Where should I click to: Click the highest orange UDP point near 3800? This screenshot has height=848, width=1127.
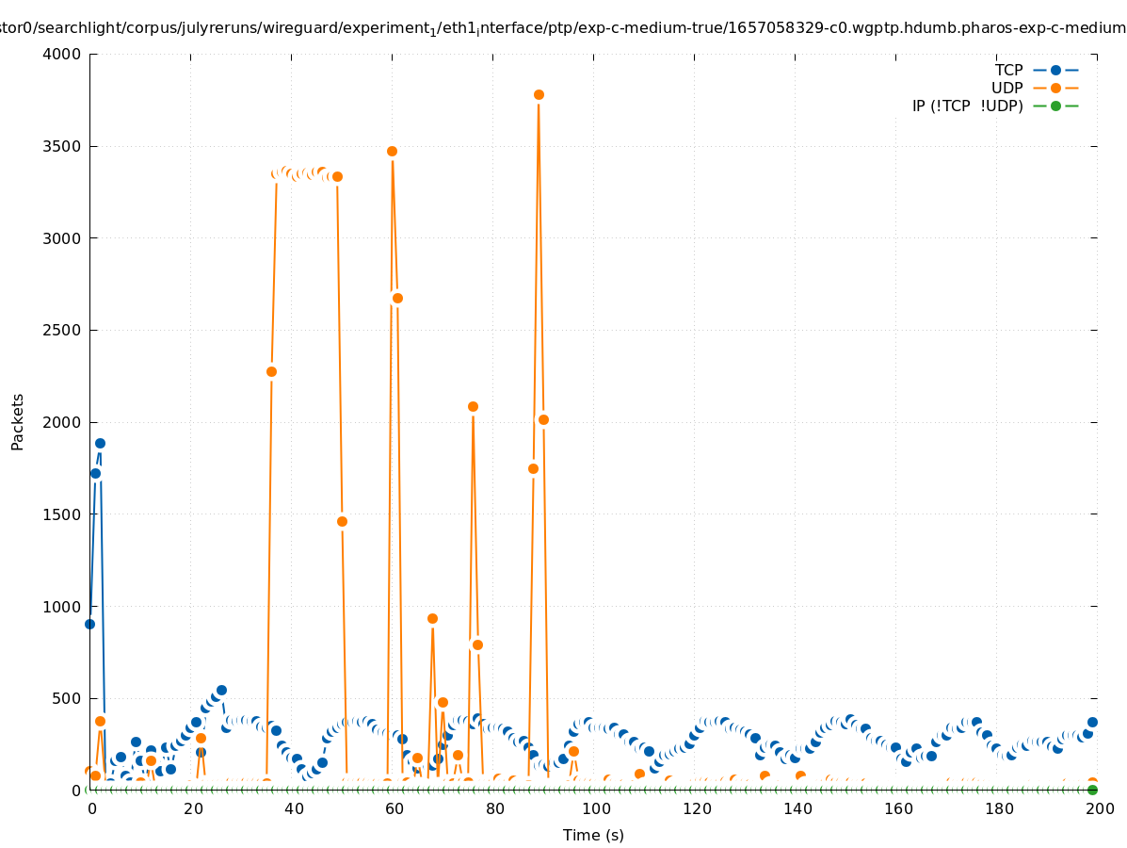coord(539,94)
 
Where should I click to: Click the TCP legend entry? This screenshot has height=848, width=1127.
coord(1008,70)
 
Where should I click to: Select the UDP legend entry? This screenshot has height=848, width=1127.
coord(1006,88)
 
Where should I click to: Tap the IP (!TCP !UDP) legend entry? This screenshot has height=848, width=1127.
coord(967,106)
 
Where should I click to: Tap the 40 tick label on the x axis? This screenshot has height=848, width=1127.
coord(292,808)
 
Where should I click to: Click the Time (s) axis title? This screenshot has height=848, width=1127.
coord(593,835)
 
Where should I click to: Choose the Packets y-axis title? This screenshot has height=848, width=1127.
coord(18,421)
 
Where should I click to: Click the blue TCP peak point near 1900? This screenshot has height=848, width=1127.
coord(100,443)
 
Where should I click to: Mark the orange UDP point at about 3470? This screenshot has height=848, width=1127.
coord(392,151)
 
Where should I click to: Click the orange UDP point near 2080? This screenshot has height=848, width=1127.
coord(473,406)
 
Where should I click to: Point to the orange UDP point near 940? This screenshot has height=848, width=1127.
coord(432,618)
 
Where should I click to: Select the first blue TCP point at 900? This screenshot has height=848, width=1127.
coord(89,624)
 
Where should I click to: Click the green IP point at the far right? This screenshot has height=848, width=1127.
coord(1092,790)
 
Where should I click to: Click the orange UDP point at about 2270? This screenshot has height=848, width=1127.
coord(271,371)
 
